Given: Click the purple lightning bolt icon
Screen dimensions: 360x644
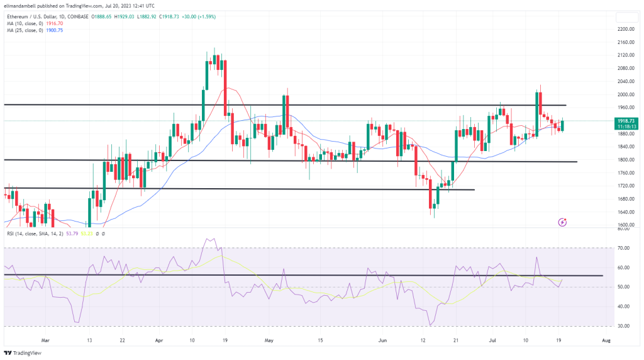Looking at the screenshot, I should [563, 222].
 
